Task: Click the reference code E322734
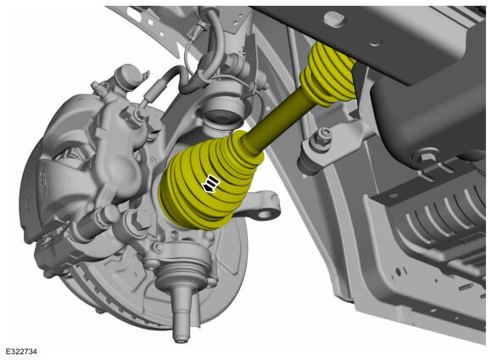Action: tap(21, 352)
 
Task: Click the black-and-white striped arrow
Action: tap(210, 184)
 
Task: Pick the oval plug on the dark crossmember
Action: tap(335, 19)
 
